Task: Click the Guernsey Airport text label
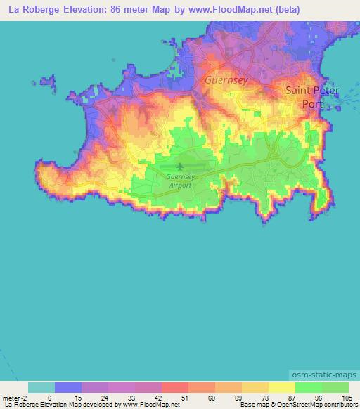pyautogui.click(x=180, y=181)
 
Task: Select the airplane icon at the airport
pyautogui.click(x=180, y=167)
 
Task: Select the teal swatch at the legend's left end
pyautogui.click(x=41, y=387)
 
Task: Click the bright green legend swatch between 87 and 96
pyautogui.click(x=309, y=387)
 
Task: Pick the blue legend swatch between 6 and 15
pyautogui.click(x=67, y=387)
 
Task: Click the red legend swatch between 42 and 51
pyautogui.click(x=174, y=387)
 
